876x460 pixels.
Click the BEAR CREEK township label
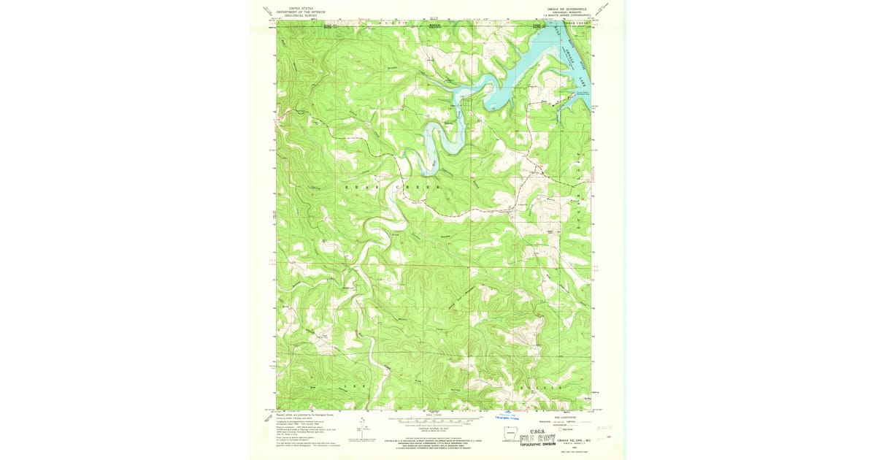coord(394,188)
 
